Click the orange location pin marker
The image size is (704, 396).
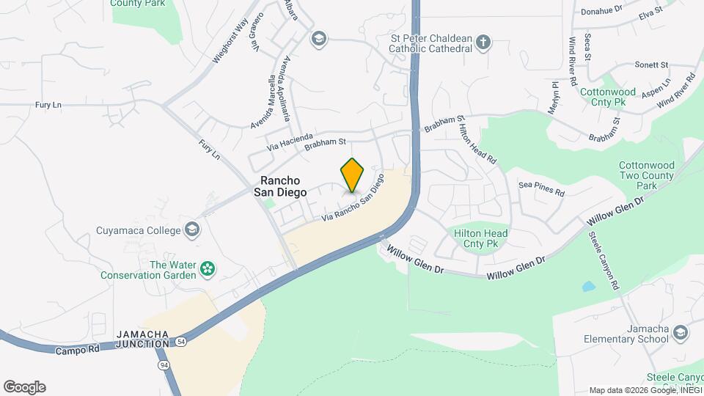(x=352, y=175)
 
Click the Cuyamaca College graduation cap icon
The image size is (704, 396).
(x=192, y=230)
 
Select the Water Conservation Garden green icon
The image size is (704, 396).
(x=208, y=269)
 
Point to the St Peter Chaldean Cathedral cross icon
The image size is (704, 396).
(x=483, y=42)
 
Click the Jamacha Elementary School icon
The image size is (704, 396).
(x=681, y=334)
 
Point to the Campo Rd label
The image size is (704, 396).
(x=77, y=351)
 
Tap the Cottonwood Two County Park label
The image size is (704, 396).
(x=646, y=175)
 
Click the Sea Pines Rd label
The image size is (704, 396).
(x=541, y=189)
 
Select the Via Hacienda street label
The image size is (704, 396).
(x=290, y=141)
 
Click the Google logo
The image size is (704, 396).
(x=24, y=387)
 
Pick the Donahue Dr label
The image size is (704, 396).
(x=601, y=10)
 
